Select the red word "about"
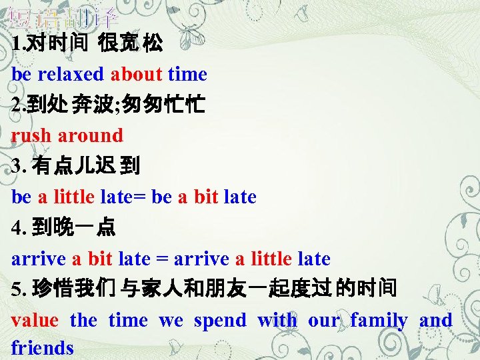pos(136,75)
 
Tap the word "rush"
pos(31,135)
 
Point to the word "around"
pos(90,135)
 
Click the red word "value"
pos(35,321)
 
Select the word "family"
pos(379,321)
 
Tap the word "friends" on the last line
pos(42,347)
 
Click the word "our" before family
pos(323,321)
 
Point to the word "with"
pos(277,321)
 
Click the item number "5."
pos(18,289)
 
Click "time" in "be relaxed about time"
pos(187,75)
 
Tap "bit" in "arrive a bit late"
pos(99,258)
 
